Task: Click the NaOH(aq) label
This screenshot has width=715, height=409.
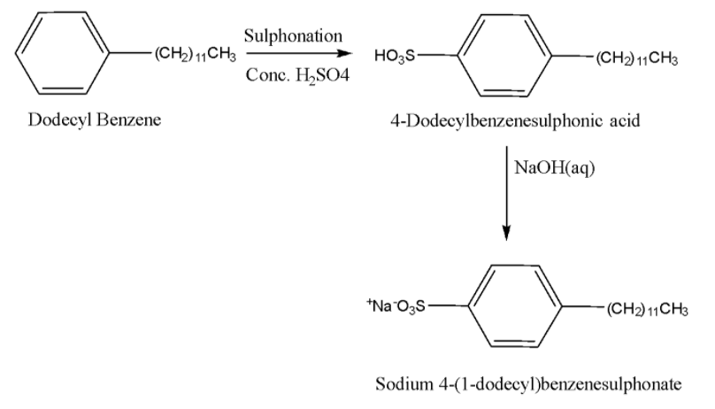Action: click(553, 166)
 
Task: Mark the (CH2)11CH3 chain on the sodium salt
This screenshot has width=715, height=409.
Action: click(645, 308)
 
